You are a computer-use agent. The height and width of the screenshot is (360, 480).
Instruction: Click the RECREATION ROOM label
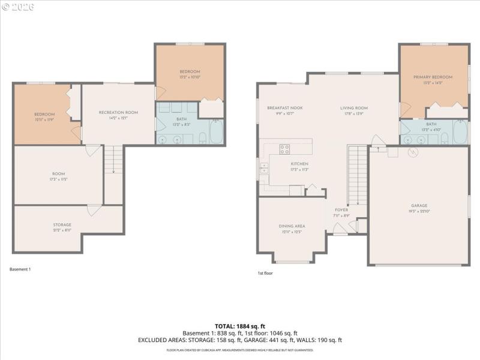coord(118,112)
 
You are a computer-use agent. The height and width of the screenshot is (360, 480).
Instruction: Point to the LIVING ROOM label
coord(354,108)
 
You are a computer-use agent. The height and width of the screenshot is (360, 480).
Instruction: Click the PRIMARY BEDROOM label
coord(432,77)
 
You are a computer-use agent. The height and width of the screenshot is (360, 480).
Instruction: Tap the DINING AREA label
coord(292,226)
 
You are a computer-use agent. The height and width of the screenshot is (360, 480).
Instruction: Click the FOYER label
coord(341,209)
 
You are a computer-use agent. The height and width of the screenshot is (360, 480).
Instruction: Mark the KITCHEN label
coord(299,164)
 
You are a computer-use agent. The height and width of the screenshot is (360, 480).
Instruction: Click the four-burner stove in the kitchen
coord(284,149)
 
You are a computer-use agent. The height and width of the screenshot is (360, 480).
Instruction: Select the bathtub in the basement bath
coord(215,133)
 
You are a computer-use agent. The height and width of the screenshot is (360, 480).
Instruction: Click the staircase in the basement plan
coord(113,160)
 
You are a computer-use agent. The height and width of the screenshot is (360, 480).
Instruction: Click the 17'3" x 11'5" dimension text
coord(58,179)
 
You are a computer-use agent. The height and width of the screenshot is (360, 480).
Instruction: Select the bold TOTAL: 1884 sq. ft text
coord(239,326)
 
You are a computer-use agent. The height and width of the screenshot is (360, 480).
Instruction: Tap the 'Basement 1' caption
coord(20,269)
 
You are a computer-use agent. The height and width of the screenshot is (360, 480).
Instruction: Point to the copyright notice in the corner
coord(18,7)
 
